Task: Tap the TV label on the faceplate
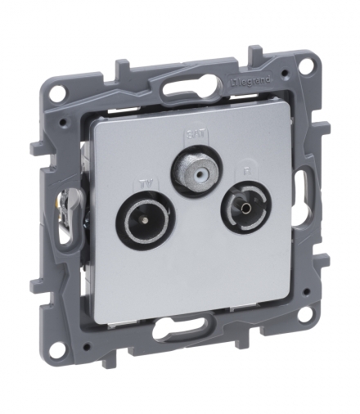pos(146,182)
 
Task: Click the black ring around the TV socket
pos(123,222)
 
